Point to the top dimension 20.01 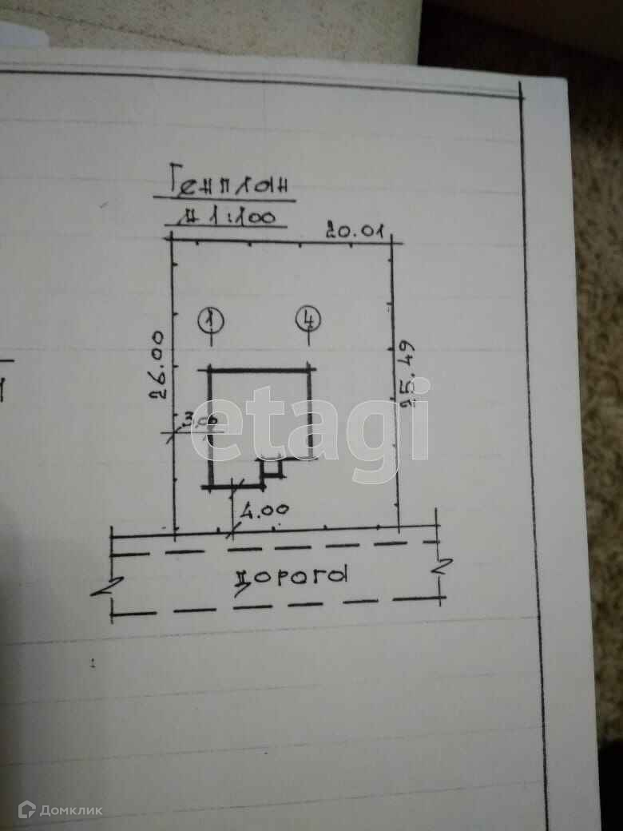coord(355,232)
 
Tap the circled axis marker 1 coord(211,320)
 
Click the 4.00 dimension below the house coord(264,509)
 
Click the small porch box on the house coord(272,467)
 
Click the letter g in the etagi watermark coord(373,431)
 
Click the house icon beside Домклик coord(26,809)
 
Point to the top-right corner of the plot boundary coord(391,241)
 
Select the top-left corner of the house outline coord(210,368)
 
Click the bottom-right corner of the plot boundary coord(399,529)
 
